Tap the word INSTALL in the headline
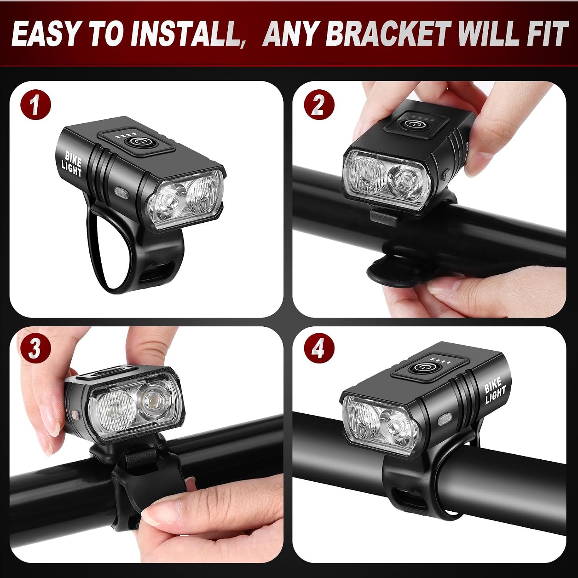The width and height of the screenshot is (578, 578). pos(187,34)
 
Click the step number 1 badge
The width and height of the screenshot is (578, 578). pos(35,104)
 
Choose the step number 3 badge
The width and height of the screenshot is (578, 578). pos(35,349)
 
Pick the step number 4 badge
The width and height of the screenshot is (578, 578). pos(319,349)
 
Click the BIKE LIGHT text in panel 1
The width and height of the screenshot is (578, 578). pos(72,163)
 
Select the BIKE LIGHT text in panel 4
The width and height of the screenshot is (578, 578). pos(495,390)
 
